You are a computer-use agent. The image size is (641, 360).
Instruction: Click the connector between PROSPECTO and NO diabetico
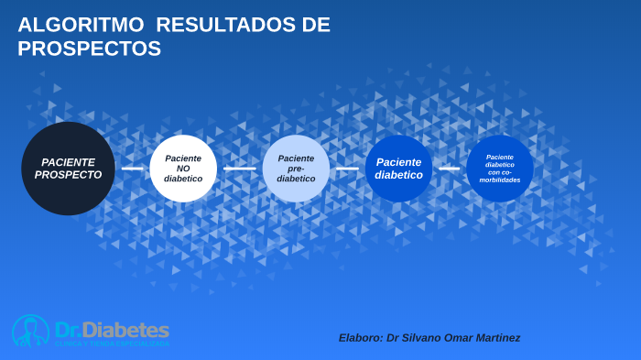(x=133, y=169)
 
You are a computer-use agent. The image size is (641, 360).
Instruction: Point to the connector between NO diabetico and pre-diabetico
(x=240, y=169)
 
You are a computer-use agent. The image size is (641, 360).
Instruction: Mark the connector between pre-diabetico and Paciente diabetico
(x=347, y=169)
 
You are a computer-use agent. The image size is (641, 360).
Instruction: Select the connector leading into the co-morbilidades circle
(x=449, y=169)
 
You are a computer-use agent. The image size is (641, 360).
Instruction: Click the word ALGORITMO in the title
(x=81, y=25)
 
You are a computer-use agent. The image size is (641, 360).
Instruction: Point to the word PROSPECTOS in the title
(x=89, y=49)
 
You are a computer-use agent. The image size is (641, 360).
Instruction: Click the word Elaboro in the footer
(x=361, y=338)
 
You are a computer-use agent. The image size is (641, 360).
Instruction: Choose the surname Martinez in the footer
(x=494, y=338)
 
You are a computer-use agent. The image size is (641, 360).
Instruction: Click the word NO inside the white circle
(x=183, y=169)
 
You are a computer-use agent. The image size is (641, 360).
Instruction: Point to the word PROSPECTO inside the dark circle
(x=68, y=175)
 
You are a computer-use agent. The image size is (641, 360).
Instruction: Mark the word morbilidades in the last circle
(x=500, y=180)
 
